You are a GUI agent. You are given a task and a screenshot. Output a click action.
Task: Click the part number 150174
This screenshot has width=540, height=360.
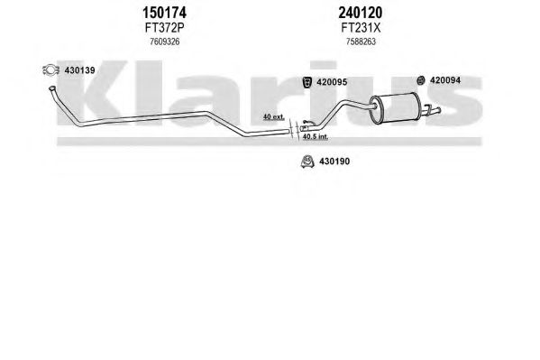tap(164, 14)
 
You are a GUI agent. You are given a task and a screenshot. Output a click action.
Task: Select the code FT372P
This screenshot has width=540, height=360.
tap(164, 28)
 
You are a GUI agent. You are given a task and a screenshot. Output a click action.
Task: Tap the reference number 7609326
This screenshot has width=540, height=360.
tap(165, 42)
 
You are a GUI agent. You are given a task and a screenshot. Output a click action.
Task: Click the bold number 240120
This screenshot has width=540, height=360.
tap(361, 14)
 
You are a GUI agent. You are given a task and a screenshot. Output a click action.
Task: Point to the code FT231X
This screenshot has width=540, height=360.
tap(361, 28)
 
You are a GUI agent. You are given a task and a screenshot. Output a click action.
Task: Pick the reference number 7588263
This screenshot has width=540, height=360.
tap(361, 42)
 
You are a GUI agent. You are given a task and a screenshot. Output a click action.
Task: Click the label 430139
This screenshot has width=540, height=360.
tap(79, 70)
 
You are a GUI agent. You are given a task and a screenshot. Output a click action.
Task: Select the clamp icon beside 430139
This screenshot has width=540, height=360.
tap(50, 70)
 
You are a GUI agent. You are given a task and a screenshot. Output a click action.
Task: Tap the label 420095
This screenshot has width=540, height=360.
tap(332, 82)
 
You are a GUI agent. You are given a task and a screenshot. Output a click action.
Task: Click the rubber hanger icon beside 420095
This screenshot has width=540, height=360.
tap(307, 82)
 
